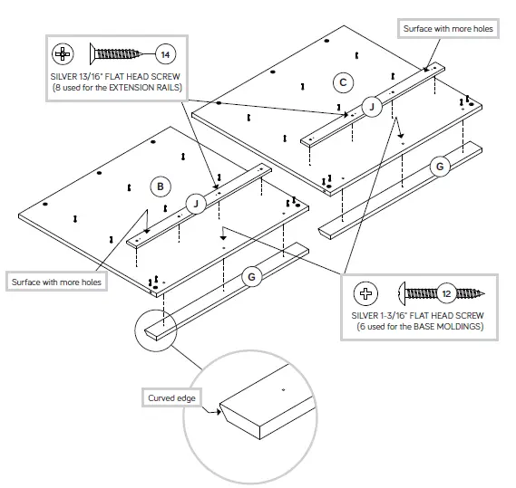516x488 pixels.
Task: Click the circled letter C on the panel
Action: pos(342,83)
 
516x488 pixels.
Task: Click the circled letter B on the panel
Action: pos(160,187)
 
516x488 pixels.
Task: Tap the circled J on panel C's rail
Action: pos(370,107)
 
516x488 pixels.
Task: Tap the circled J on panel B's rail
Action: pos(195,204)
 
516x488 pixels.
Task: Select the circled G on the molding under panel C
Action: pos(439,167)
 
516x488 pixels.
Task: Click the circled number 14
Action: pos(166,53)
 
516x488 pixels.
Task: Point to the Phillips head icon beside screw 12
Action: pos(365,292)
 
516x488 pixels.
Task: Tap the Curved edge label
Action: pos(172,398)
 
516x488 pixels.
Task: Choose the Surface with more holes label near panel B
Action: pos(56,282)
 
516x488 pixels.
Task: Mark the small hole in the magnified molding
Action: pos(284,389)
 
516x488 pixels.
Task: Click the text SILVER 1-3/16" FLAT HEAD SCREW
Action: pos(418,314)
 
